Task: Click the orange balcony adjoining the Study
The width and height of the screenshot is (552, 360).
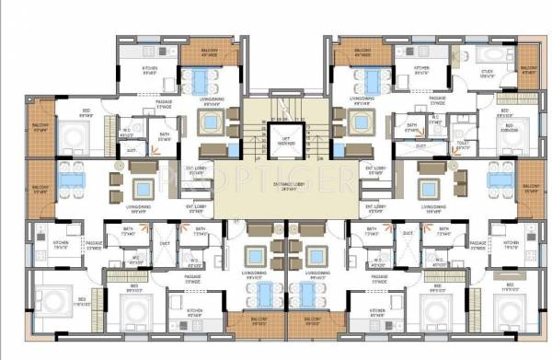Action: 527,72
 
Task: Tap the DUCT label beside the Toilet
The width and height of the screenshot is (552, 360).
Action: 420,145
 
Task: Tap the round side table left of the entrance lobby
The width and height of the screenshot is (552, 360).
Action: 117,180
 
